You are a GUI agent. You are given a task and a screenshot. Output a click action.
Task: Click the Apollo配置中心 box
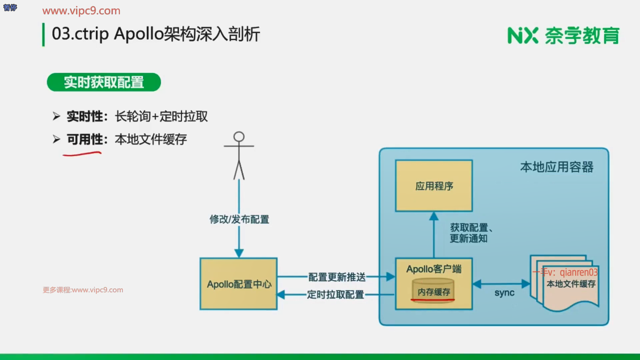point(238,284)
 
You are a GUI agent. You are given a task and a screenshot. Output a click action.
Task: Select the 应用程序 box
point(434,186)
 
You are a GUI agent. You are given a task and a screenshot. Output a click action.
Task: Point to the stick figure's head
point(239,137)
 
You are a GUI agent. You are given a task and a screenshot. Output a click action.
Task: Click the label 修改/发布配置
point(239,219)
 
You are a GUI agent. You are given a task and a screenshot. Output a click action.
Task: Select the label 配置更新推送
point(337,277)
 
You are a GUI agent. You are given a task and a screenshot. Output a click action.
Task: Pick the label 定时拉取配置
point(335,295)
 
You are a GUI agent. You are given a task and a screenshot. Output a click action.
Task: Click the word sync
point(504,293)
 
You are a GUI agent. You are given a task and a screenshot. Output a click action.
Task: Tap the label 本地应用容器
point(557,167)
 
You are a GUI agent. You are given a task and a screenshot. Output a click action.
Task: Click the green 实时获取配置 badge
point(104,82)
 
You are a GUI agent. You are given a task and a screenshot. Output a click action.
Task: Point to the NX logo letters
point(522,35)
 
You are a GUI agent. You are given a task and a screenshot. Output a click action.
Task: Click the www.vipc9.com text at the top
point(81,11)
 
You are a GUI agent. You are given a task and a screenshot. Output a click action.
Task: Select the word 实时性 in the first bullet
point(85,116)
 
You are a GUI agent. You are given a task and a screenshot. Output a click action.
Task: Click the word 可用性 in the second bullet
point(85,139)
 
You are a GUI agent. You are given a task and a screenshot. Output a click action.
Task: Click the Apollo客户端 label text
point(434,269)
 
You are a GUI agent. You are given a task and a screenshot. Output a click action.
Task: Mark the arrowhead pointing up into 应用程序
point(434,216)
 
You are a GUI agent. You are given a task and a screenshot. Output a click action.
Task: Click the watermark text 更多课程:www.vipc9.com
point(83,290)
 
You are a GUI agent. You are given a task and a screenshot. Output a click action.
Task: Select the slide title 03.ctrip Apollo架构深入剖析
point(156,34)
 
